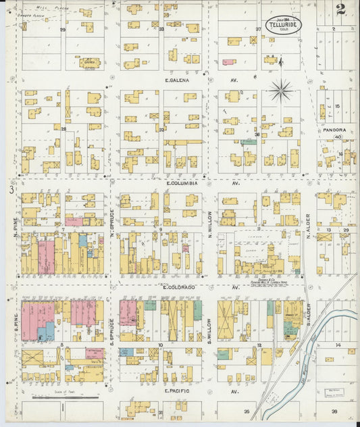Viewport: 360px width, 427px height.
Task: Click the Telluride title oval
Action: click(x=284, y=24)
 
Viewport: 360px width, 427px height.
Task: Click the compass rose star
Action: click(x=280, y=88)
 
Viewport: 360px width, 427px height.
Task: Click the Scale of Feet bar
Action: click(x=61, y=398)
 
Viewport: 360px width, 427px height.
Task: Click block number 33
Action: click(x=161, y=29)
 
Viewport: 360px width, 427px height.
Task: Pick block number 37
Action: click(x=258, y=29)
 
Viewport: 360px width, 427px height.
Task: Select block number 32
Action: click(x=161, y=129)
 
